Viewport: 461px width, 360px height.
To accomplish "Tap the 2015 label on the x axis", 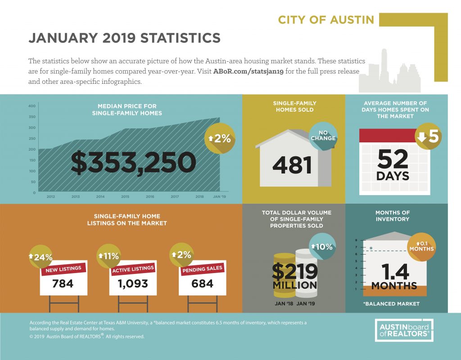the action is [125, 196].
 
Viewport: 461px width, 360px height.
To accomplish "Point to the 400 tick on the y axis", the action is [32, 106].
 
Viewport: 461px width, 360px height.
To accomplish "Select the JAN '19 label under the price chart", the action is [219, 196].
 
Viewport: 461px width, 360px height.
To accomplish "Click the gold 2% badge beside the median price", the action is [220, 138].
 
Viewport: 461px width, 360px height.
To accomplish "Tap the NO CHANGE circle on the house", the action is [323, 136].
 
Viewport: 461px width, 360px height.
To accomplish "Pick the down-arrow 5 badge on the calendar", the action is [429, 136].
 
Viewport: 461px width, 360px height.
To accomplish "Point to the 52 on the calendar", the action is [393, 159].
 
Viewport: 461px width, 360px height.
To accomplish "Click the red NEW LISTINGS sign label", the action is [63, 269].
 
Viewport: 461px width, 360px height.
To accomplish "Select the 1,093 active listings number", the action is [133, 283].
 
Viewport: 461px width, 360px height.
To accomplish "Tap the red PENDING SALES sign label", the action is [202, 269].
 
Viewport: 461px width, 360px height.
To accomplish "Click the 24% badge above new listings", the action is [41, 257].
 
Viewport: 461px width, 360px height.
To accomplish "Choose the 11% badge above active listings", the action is [109, 256].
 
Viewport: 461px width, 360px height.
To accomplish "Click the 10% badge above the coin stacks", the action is [322, 246].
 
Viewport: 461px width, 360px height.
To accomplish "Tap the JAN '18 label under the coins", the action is [284, 304].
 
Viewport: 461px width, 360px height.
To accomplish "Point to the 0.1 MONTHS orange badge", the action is [421, 246].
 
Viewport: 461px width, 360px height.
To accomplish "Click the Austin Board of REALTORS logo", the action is [404, 330].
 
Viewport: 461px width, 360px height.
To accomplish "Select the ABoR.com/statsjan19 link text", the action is [248, 71].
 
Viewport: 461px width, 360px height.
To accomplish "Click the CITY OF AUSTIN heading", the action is [326, 20].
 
